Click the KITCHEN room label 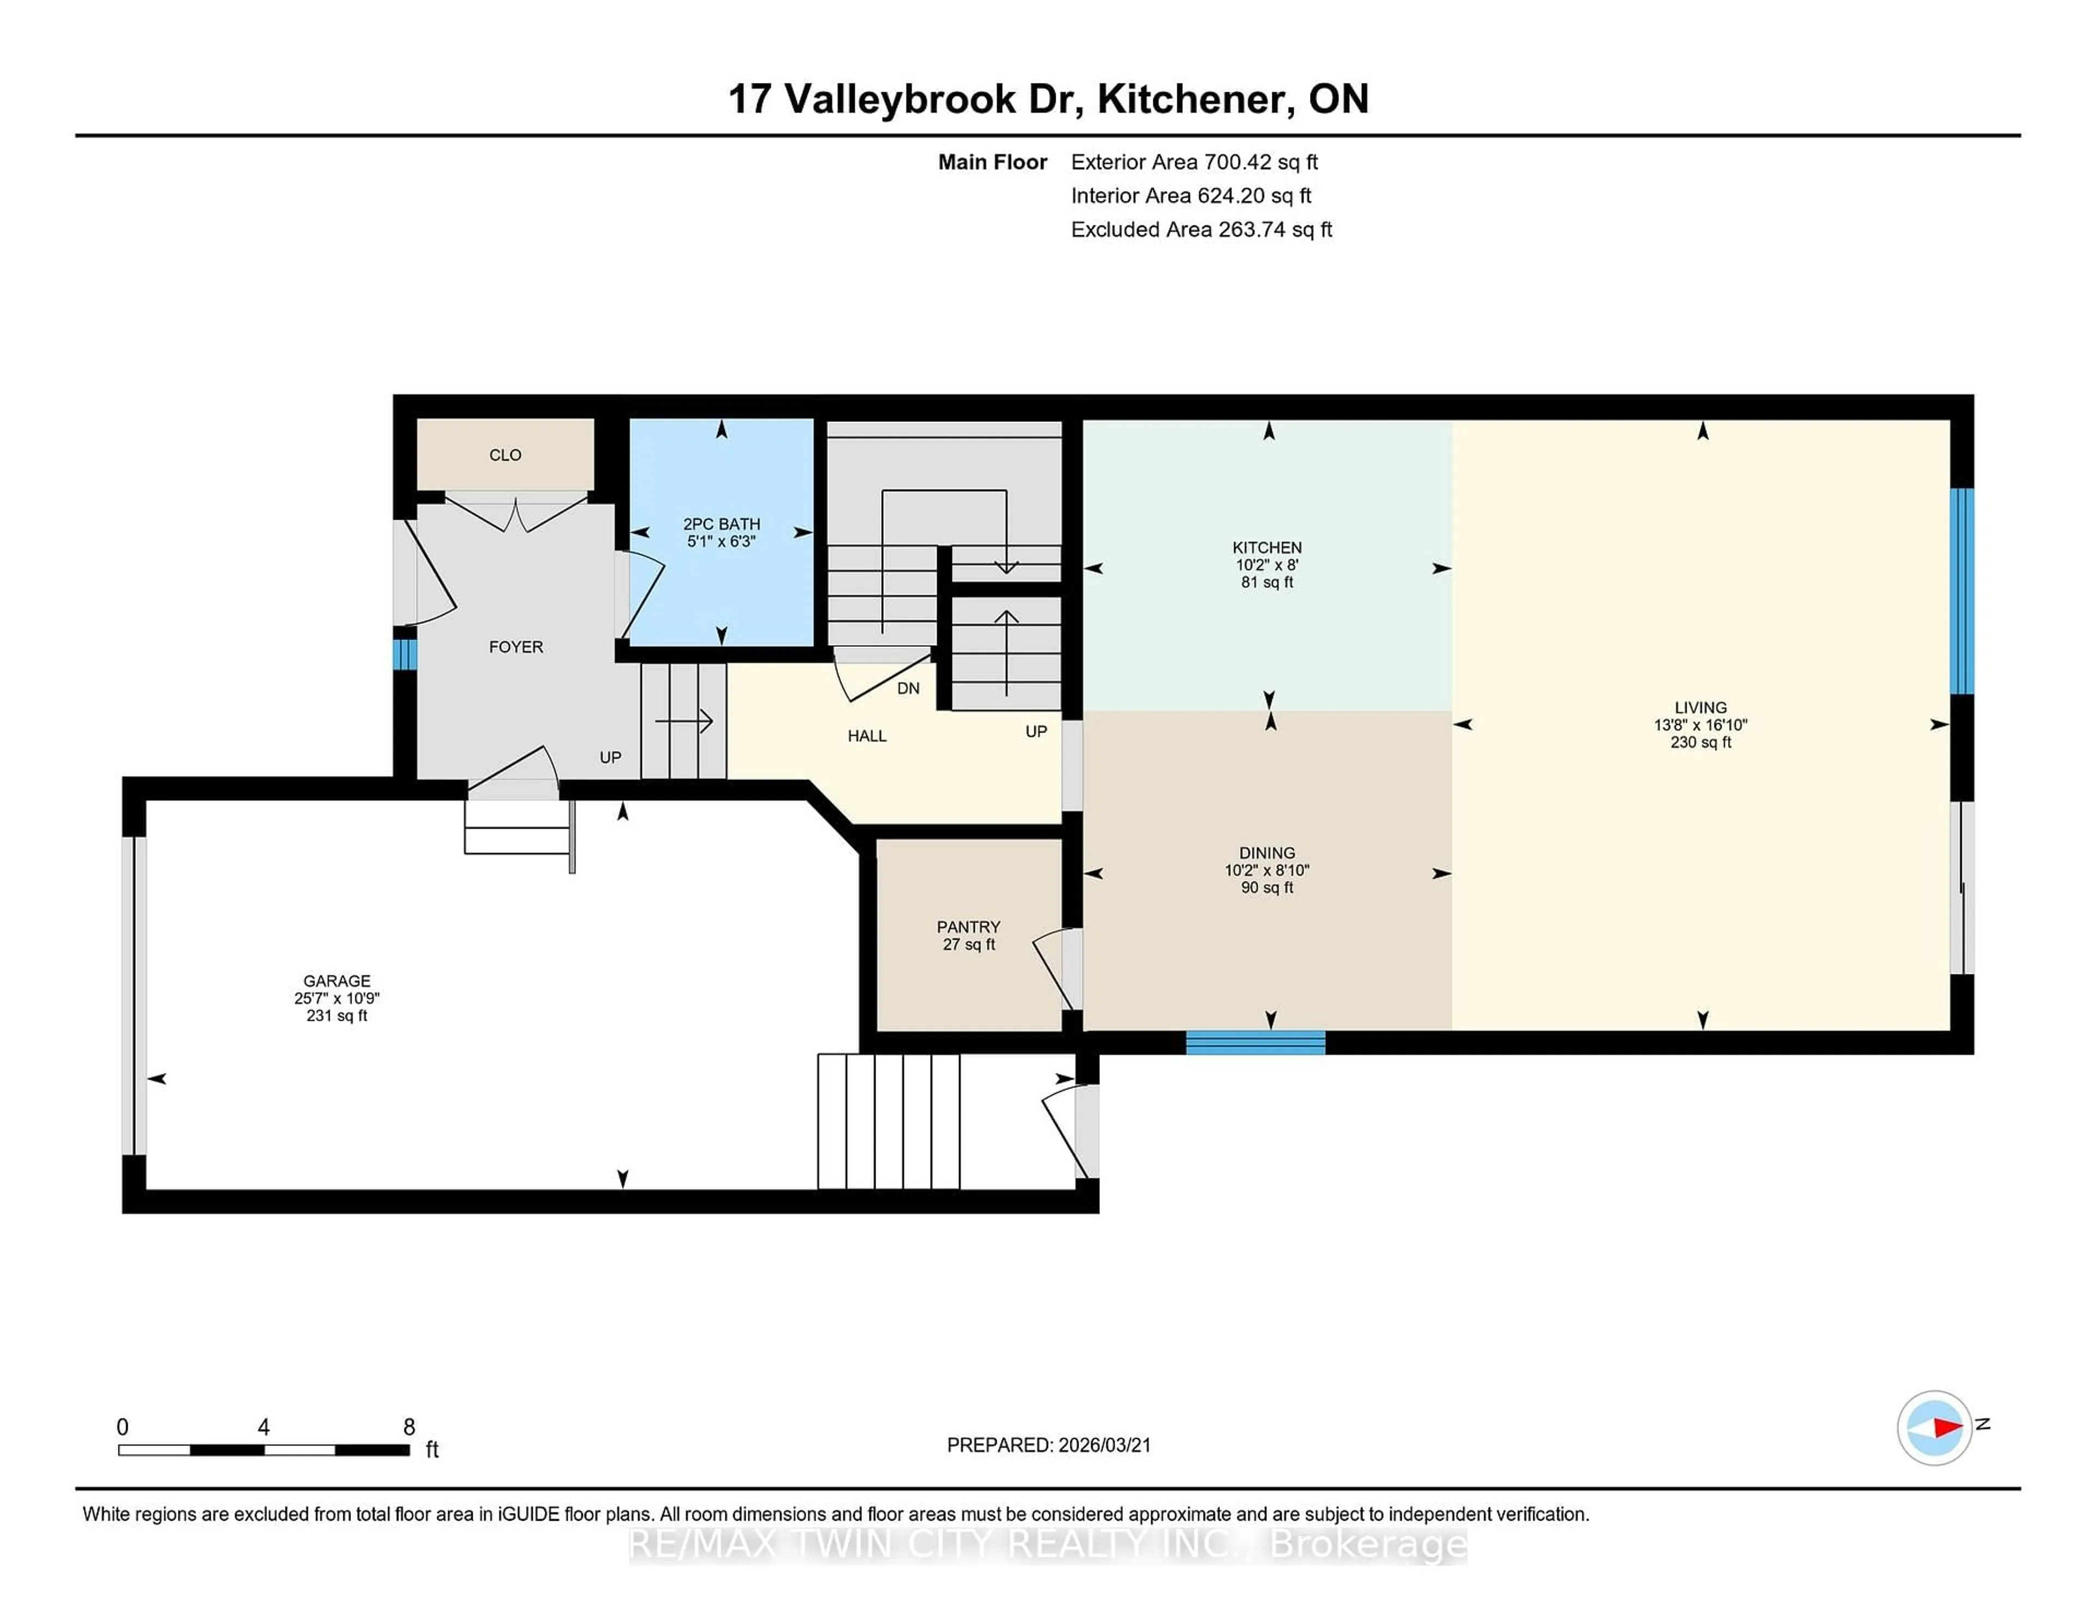click(1267, 547)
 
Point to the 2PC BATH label click(722, 524)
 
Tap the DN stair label click(908, 688)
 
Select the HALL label click(867, 736)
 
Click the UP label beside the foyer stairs click(610, 757)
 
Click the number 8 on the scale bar click(409, 1427)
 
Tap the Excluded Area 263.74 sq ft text click(1201, 229)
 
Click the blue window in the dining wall click(1255, 1043)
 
